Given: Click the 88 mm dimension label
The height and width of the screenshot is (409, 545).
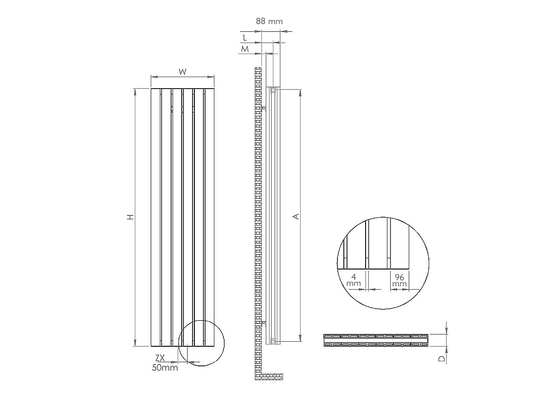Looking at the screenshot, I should (269, 21).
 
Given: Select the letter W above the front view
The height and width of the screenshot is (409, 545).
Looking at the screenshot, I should (183, 71).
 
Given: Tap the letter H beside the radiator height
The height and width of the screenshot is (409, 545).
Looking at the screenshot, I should (131, 217).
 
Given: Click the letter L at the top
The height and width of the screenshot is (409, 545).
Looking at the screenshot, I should (245, 37).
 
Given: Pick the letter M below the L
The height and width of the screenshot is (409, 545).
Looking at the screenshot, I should (245, 49).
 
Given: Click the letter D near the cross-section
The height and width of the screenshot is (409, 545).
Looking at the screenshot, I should (441, 359).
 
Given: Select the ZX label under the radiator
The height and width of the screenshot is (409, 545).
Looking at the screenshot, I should (160, 358).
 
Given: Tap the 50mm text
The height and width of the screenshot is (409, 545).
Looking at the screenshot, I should (165, 368).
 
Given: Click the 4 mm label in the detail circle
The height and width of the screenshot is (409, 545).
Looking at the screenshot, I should (354, 279).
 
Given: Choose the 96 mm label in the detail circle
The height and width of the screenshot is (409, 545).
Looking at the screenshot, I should (400, 279).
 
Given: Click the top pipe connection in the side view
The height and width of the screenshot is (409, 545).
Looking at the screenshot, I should (273, 90).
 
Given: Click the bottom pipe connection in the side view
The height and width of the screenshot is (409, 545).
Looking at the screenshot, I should (272, 340).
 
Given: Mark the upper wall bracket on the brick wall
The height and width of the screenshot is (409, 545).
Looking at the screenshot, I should (264, 108).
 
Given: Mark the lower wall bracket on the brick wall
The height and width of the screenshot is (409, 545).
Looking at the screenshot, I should (264, 323).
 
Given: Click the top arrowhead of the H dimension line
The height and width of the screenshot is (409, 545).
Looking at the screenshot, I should (135, 91).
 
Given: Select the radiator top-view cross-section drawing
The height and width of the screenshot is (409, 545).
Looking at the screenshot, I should (376, 340).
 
